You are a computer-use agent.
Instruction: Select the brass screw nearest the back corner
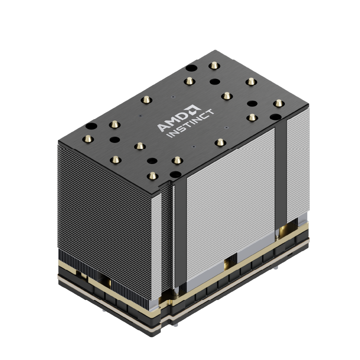coord(214,66)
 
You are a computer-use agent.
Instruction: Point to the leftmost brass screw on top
coord(89,139)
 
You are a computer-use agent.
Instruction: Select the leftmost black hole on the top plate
coord(90,126)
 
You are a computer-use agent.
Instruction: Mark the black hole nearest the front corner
coord(175,174)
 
